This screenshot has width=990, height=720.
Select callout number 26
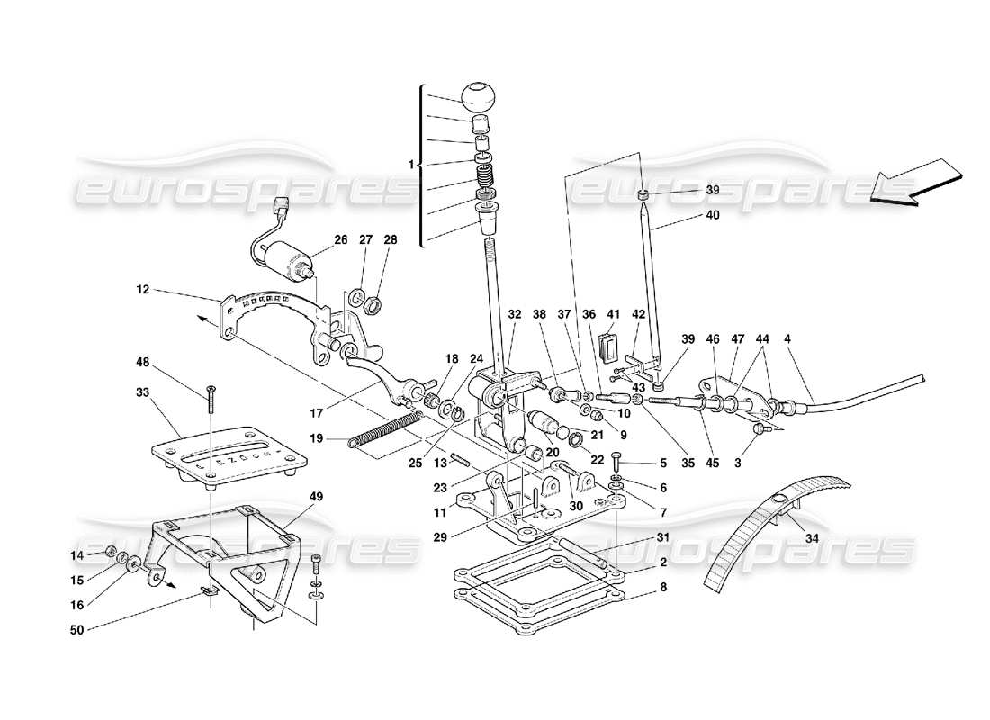(340, 239)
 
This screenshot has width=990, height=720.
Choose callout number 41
(614, 314)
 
